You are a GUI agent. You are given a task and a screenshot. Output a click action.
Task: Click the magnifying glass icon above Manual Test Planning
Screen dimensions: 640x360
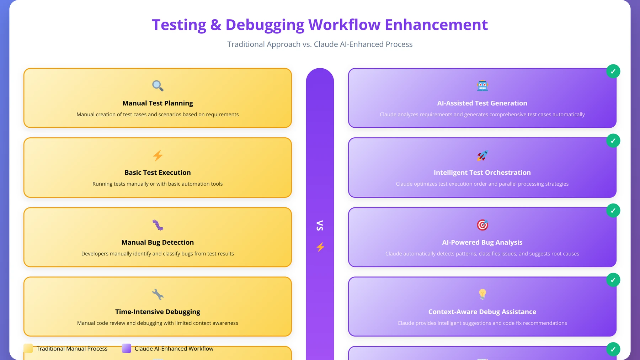158,86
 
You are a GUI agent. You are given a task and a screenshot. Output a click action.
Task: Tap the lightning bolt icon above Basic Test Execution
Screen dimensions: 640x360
158,155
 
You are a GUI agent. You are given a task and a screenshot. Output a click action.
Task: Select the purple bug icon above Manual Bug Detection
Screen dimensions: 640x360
158,225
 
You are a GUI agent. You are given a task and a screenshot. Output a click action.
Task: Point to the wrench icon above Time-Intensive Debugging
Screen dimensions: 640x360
158,295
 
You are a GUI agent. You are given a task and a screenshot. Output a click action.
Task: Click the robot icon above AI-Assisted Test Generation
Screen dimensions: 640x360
482,86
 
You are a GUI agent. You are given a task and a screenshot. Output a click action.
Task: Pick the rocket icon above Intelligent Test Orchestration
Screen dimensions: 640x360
482,155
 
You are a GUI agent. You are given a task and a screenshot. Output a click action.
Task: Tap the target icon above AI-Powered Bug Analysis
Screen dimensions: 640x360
482,225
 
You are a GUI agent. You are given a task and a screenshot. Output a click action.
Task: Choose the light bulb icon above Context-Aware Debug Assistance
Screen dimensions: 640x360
482,294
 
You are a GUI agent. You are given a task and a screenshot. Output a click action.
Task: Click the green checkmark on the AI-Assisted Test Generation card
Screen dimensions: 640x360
613,72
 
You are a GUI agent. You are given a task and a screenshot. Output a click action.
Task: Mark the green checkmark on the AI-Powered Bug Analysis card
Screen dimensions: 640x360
613,211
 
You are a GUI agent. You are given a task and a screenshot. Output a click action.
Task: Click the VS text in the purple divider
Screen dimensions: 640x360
320,226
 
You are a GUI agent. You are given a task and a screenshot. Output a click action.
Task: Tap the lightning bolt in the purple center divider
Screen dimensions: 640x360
320,247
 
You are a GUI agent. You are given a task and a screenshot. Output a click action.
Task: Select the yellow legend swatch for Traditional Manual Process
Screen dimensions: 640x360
28,348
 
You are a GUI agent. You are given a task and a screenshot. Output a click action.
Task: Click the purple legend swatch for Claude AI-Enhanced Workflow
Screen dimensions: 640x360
127,348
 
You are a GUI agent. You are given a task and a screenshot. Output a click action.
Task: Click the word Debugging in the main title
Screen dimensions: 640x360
265,25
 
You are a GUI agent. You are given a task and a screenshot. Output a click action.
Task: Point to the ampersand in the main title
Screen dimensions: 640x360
216,25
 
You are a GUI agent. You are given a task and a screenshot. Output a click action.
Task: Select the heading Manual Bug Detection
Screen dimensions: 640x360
158,242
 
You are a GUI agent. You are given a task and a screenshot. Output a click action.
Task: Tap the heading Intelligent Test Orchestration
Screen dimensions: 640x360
482,173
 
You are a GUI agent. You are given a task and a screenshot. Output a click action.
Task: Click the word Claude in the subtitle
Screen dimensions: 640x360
326,44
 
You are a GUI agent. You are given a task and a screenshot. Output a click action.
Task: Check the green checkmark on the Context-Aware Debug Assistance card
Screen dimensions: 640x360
613,280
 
